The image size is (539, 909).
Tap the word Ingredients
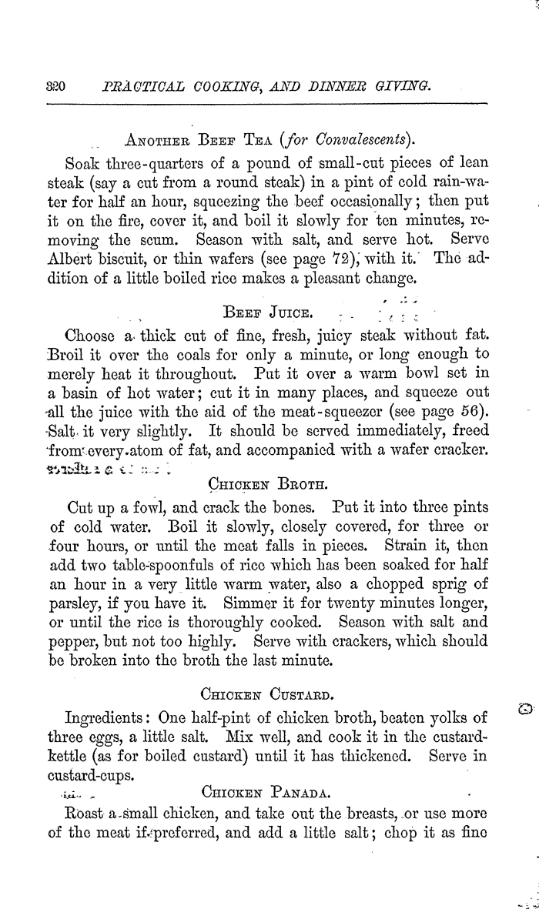[x=111, y=719]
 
